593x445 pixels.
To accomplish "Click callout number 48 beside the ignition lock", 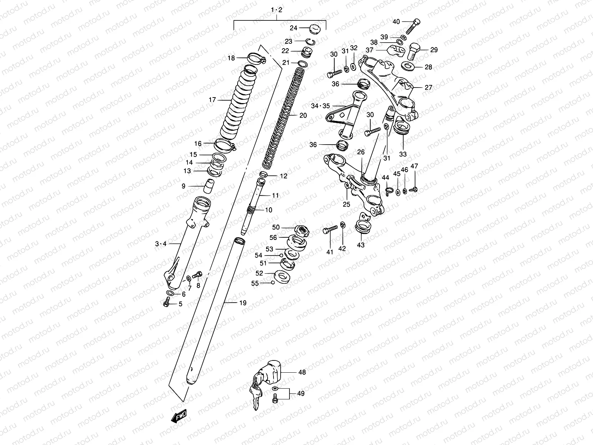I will (x=302, y=372).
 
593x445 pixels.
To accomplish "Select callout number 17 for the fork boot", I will (x=212, y=100).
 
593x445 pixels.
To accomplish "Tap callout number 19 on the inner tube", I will (x=242, y=303).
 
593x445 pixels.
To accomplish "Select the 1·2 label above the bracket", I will (x=276, y=10).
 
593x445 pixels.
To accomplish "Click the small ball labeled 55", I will (x=273, y=283).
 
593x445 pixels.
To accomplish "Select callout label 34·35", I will (x=320, y=106).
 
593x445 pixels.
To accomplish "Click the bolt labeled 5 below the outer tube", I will (x=166, y=304).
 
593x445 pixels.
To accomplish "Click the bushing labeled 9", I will (x=210, y=184).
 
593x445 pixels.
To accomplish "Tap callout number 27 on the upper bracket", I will (x=428, y=88).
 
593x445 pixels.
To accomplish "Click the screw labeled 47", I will (x=414, y=189).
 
